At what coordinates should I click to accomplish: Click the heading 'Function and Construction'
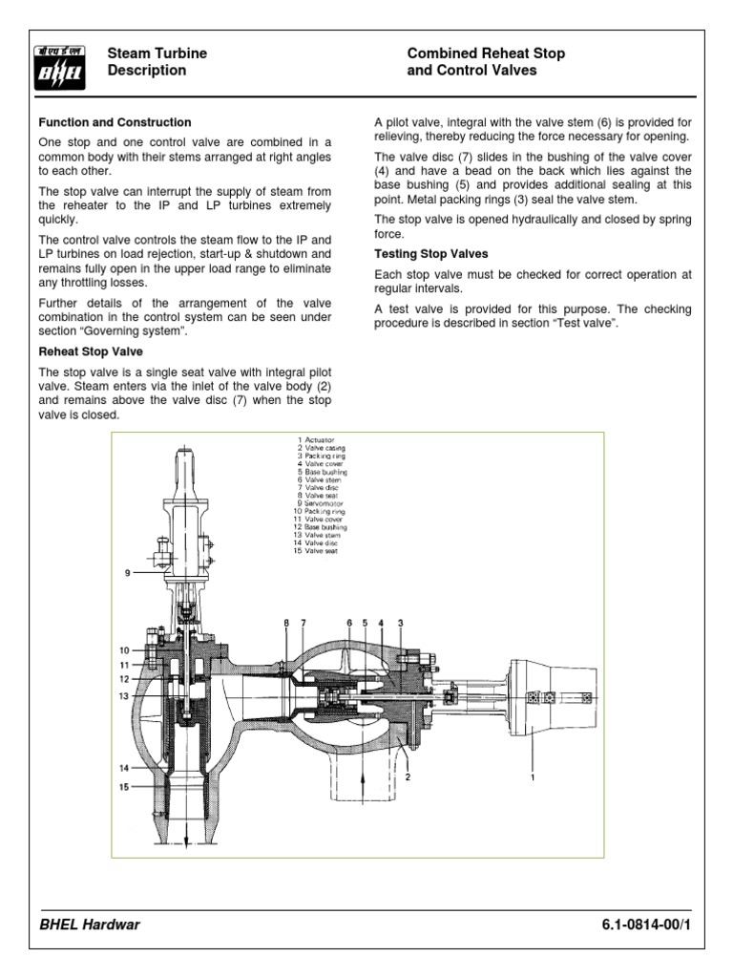coord(115,122)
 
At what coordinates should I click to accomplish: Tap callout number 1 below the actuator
coord(533,777)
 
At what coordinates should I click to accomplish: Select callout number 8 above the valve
coord(284,623)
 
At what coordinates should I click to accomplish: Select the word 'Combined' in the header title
coord(438,53)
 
